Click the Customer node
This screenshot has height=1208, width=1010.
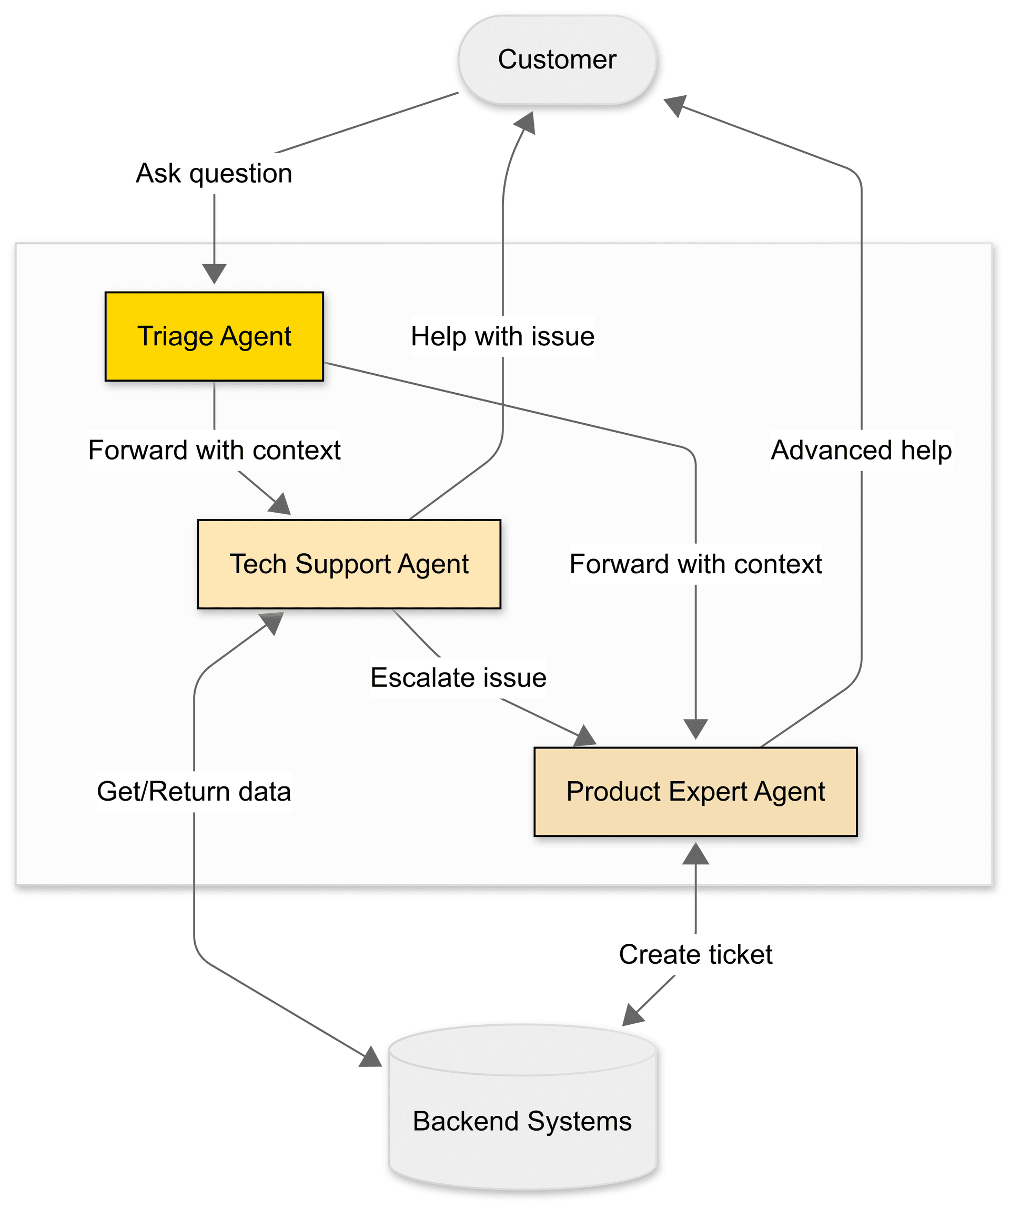(557, 60)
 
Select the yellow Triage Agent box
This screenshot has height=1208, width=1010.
(214, 336)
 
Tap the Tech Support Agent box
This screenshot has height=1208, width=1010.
(349, 564)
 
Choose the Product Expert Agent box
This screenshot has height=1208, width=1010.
(695, 792)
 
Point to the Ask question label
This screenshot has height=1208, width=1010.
(214, 173)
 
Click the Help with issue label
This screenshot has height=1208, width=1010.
(502, 336)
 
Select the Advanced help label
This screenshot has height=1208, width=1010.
(861, 451)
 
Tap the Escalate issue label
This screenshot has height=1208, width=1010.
(458, 677)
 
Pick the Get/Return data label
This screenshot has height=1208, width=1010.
(194, 792)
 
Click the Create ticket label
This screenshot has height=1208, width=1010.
(695, 955)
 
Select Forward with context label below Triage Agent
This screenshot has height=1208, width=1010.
(214, 451)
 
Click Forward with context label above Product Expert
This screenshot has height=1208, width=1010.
(695, 564)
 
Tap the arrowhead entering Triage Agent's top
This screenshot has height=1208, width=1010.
(214, 274)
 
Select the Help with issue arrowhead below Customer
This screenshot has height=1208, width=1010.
(526, 122)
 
